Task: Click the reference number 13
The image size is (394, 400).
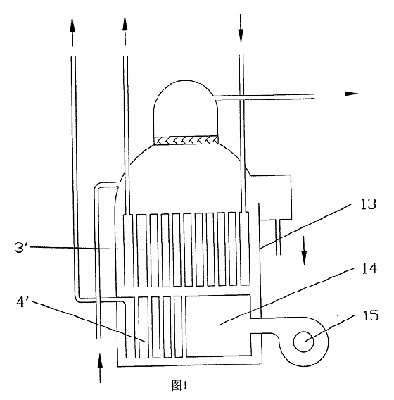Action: pyautogui.click(x=368, y=204)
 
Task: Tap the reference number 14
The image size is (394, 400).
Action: pyautogui.click(x=369, y=268)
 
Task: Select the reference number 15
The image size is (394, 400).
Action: pyautogui.click(x=371, y=315)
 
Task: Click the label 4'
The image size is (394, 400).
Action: pyautogui.click(x=23, y=302)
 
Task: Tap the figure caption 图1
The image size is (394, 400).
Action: pyautogui.click(x=180, y=385)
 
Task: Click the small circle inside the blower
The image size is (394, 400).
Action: pyautogui.click(x=303, y=342)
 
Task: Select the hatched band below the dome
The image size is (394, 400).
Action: pyautogui.click(x=186, y=140)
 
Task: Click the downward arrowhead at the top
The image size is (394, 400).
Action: pyautogui.click(x=241, y=36)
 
